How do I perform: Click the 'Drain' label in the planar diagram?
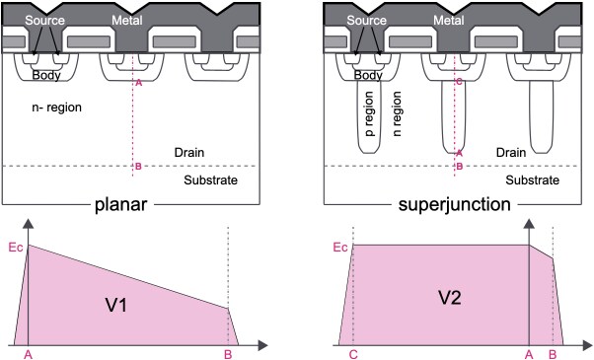tap(189, 153)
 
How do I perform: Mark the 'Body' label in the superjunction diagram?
tap(367, 75)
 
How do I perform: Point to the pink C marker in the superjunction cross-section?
tap(457, 82)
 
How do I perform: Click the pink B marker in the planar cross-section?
tap(137, 167)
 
